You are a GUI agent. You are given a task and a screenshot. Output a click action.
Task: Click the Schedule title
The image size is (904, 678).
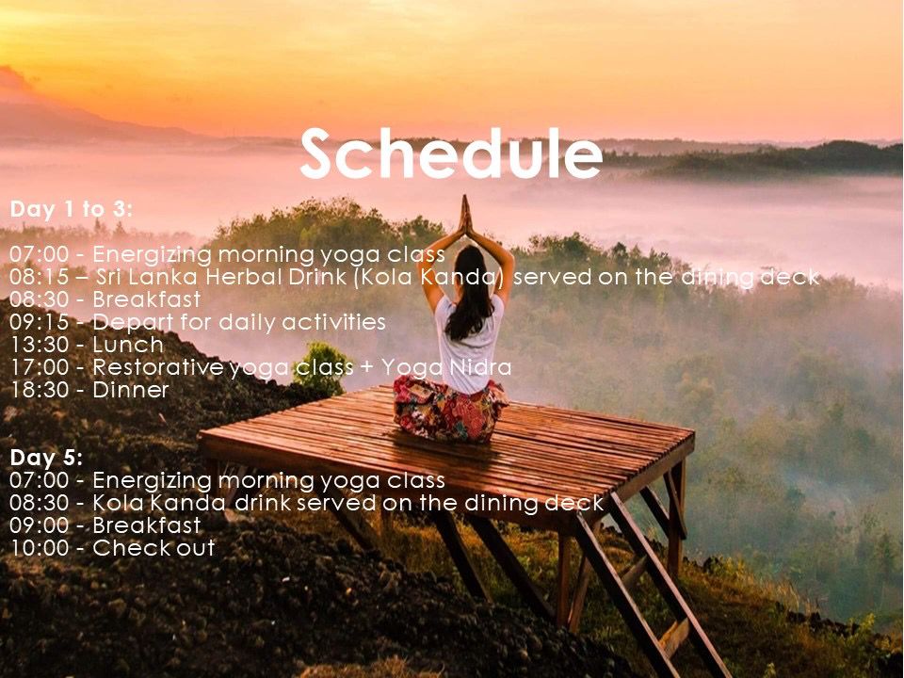pyautogui.click(x=451, y=153)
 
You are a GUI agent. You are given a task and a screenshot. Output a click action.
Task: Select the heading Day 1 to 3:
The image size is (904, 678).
pyautogui.click(x=71, y=209)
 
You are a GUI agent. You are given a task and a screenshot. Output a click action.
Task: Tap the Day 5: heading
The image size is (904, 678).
pyautogui.click(x=46, y=458)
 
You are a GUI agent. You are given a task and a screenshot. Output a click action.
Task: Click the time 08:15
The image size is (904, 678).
pyautogui.click(x=39, y=277)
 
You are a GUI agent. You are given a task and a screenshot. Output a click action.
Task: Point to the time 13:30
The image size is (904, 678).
pyautogui.click(x=39, y=345)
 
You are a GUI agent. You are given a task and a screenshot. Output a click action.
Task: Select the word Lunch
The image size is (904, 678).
pyautogui.click(x=128, y=345)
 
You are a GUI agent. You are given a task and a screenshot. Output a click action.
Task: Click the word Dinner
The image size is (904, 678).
pyautogui.click(x=131, y=390)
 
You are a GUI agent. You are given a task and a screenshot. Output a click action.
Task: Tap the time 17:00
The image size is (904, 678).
pyautogui.click(x=39, y=367)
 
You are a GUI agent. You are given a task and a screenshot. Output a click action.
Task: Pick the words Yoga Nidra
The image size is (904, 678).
pyautogui.click(x=446, y=368)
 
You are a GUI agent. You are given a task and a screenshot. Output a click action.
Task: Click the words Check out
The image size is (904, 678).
pyautogui.click(x=153, y=548)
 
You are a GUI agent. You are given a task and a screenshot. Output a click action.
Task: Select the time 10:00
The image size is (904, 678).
pyautogui.click(x=39, y=548)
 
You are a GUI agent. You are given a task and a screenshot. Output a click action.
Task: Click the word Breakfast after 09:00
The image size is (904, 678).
pyautogui.click(x=147, y=525)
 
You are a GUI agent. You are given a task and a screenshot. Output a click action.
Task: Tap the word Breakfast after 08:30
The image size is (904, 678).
pyautogui.click(x=147, y=299)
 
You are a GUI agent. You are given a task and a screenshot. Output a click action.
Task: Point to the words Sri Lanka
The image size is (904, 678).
pyautogui.click(x=149, y=277)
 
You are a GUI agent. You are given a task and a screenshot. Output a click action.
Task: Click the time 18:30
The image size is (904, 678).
pyautogui.click(x=39, y=390)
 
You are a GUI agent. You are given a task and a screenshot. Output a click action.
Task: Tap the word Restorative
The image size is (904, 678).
pyautogui.click(x=158, y=367)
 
